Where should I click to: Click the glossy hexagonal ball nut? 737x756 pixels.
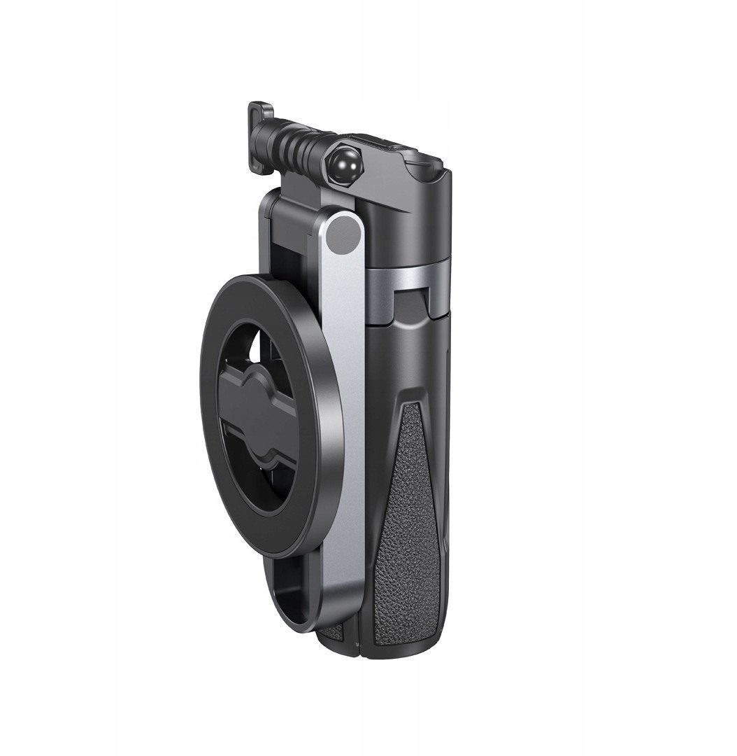[345, 169]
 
